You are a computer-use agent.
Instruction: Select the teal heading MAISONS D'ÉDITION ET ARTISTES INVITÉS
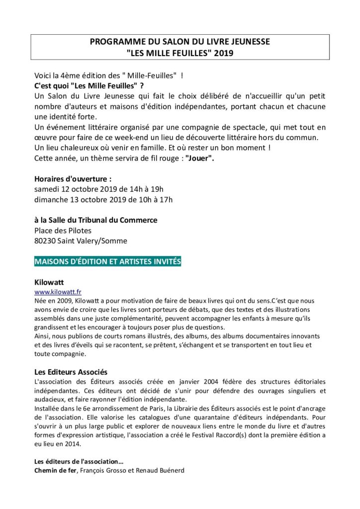tap(107, 261)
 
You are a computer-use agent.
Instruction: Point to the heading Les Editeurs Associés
tap(71, 371)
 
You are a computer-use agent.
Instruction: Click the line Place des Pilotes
tap(63, 230)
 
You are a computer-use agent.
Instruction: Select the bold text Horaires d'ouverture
tap(73, 178)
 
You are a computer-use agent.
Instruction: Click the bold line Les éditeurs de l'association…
tap(79, 461)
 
